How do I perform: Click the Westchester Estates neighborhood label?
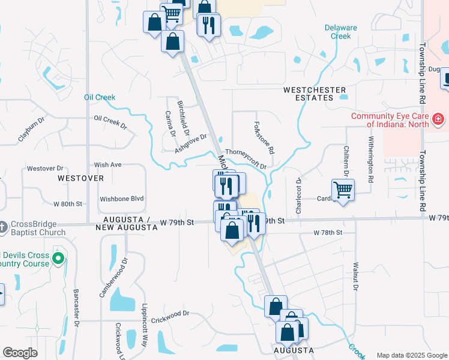pos(315,95)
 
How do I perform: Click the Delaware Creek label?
pos(341,32)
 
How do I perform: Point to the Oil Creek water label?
pos(100,97)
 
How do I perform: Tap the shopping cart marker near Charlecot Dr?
pos(343,190)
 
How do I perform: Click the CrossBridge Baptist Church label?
pos(37,229)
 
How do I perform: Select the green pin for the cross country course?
pos(58,259)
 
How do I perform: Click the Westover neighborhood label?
pos(80,178)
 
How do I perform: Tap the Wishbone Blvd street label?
pos(122,199)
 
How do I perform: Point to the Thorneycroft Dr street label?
pos(245,159)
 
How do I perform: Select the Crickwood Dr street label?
pos(170,314)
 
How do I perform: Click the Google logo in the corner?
pos(20,353)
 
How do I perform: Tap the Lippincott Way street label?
pos(145,329)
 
